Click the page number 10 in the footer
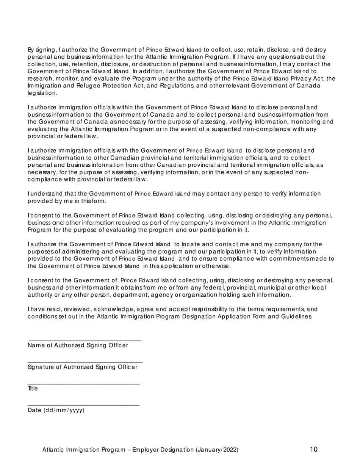pos(313,449)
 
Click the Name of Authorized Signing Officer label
pos(78,345)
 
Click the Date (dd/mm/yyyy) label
pos(56,410)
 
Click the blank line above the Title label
pos(84,384)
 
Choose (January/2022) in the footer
pos(217,450)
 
